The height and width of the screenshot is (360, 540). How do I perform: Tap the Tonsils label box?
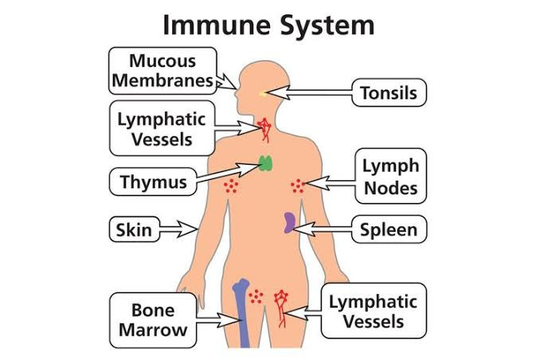coord(388,93)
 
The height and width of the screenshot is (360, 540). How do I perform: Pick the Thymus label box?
coord(153,182)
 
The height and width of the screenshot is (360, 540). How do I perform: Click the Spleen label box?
coord(388,230)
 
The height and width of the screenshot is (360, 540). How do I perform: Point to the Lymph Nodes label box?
coord(390,177)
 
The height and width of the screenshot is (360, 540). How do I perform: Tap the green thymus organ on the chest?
coord(265,164)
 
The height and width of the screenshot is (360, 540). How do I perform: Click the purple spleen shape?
coord(290,221)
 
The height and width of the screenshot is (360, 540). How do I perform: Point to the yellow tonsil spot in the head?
coord(264,95)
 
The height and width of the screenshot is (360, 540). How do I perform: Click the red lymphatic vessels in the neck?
coord(264,127)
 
